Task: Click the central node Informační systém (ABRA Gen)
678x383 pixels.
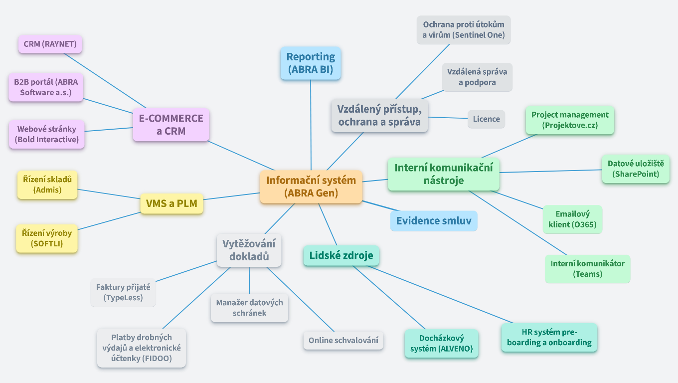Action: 311,187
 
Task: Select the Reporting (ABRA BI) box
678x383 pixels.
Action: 311,63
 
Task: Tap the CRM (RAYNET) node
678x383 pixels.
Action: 50,44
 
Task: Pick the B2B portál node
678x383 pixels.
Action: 46,87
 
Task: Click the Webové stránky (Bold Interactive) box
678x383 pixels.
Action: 47,134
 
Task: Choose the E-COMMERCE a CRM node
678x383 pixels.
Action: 171,125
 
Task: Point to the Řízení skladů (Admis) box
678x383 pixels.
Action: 47,184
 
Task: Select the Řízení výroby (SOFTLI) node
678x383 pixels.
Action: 47,238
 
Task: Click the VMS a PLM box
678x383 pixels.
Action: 171,203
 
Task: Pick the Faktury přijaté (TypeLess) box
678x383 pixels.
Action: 123,292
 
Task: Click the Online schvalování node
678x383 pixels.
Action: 343,340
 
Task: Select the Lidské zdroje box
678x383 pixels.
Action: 341,256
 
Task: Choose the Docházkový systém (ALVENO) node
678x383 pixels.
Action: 441,343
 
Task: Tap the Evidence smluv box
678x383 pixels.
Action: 433,220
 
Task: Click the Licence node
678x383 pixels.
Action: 486,119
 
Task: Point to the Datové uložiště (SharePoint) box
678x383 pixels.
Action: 636,169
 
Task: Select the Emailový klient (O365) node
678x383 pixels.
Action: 572,219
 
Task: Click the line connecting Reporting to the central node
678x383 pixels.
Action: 311,125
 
